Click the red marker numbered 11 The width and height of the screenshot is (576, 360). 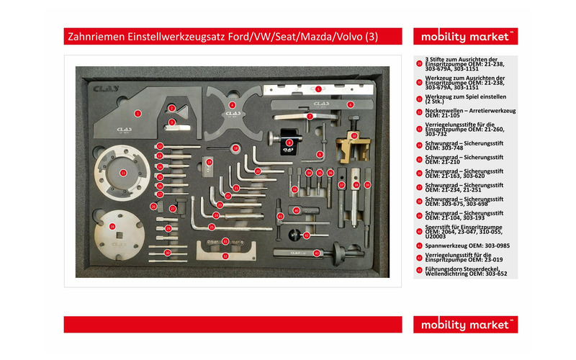coord(122,173)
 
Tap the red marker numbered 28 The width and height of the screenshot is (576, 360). coord(112,225)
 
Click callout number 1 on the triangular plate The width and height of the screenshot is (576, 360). coord(137,113)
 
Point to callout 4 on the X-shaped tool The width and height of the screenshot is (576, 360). coord(232,105)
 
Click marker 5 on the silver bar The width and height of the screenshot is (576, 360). coord(318,89)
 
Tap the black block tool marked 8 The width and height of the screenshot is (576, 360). coord(289,143)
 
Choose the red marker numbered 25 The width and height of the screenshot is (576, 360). coord(153,207)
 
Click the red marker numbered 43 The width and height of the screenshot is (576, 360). coord(316,253)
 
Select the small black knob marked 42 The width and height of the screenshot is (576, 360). coord(305,235)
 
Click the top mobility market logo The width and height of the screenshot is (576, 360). coord(465,36)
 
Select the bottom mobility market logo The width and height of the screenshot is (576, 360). coord(465,324)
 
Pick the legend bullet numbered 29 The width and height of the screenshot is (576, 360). coord(419,63)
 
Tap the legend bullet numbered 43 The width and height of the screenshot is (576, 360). coord(419,270)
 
